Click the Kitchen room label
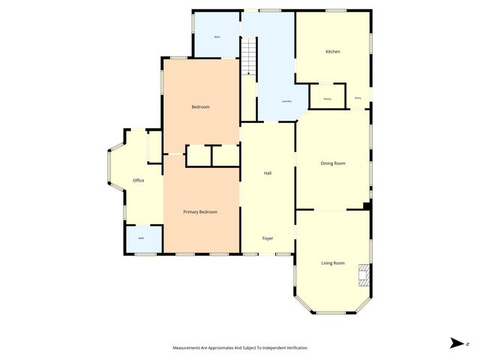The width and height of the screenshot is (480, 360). coord(332,52)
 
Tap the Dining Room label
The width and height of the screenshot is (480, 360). coord(332,163)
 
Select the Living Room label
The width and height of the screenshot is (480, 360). coord(332,262)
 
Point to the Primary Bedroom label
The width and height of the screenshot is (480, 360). coord(200,212)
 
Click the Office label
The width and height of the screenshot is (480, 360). coord(138,181)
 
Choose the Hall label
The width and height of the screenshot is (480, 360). coord(267,173)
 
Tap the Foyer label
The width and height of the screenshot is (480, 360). coord(267,238)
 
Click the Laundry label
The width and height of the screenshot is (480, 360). coord(286,101)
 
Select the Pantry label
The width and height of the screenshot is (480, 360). coord(327,99)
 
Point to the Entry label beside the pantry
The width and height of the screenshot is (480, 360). coord(357,98)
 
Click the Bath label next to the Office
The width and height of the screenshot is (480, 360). coord(141,238)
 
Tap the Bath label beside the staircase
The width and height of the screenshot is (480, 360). coord(217,37)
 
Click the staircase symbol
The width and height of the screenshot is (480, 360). coord(248,57)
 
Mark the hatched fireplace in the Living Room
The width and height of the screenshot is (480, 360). coord(364,274)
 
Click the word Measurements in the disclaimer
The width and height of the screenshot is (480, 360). coord(187,348)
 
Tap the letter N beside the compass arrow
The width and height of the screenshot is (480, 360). coord(468,343)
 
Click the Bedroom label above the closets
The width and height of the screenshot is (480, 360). coord(200,106)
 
